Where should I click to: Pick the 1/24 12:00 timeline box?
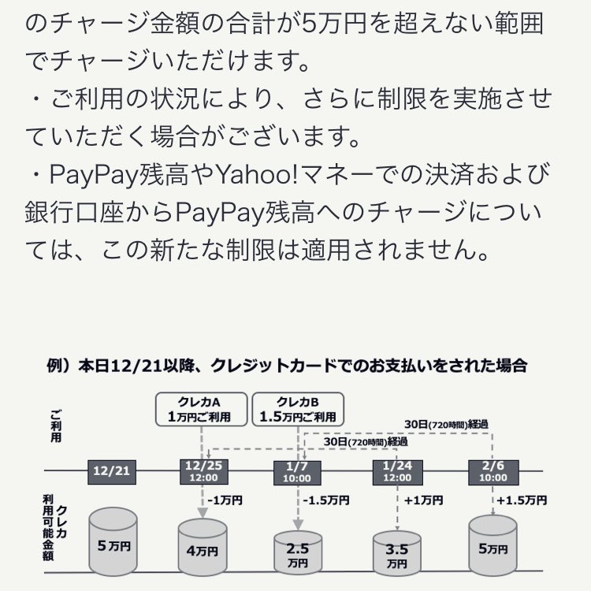coord(396,471)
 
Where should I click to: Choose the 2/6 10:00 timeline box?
coord(492,471)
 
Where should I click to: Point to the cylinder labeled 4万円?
coord(202,544)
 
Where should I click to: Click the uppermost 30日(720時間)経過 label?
coord(445,424)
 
